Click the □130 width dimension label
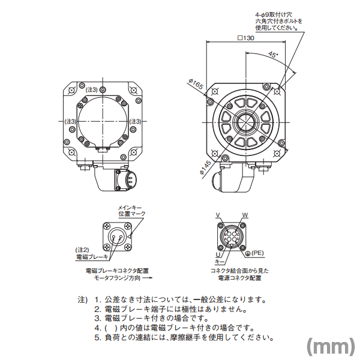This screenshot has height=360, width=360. tap(246, 38)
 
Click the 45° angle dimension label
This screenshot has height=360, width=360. tap(273, 55)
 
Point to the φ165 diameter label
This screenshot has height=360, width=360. tap(196, 84)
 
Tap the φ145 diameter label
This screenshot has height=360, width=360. tap(205, 167)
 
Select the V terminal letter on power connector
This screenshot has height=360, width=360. tap(218, 215)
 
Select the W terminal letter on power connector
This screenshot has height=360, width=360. tap(245, 215)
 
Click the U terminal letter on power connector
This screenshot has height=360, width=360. tap(218, 254)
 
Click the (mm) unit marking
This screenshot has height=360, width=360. tap(331, 347)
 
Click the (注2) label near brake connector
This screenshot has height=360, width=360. tap(82, 250)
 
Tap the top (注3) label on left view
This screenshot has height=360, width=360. tap(91, 90)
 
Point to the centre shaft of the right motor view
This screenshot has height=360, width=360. tap(245, 122)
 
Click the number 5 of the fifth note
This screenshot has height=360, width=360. tap(97, 338)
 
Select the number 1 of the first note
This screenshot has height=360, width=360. tap(97, 299)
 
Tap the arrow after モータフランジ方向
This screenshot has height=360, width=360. tap(148, 278)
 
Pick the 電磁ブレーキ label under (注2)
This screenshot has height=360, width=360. tap(92, 257)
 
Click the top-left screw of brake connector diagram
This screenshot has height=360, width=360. tap(107, 226)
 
